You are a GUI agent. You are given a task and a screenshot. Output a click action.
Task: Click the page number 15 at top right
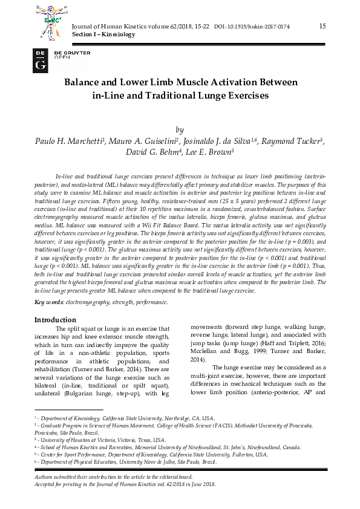[x=322, y=26]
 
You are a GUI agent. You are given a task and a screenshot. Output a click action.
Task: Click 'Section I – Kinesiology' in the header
[x=103, y=35]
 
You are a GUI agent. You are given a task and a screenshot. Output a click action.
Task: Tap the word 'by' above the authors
[x=179, y=129]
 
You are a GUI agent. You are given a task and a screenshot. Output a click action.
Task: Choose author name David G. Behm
[x=154, y=153]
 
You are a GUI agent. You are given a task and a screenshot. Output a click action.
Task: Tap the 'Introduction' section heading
[x=55, y=320]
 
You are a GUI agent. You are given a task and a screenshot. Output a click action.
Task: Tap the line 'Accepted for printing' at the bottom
[x=121, y=484]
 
